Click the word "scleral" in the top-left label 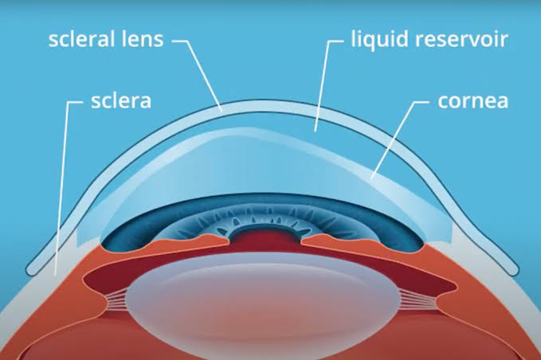click(82, 39)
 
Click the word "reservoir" click(462, 39)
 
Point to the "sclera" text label click(121, 101)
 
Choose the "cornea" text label click(473, 101)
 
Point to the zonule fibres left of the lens click(116, 299)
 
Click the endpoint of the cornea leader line click(372, 178)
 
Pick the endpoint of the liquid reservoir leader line click(315, 131)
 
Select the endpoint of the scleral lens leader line click(221, 111)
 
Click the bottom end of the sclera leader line click(55, 275)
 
